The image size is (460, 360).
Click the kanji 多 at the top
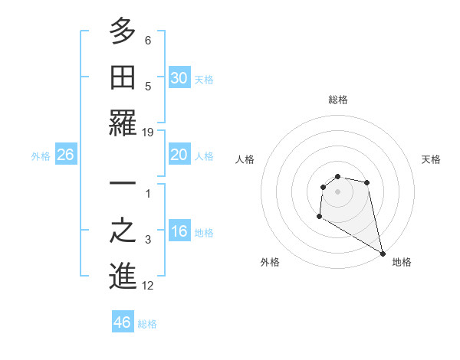click(x=123, y=32)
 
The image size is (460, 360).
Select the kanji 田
click(x=123, y=77)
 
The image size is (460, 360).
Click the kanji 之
click(x=123, y=233)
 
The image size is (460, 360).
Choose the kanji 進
click(x=123, y=277)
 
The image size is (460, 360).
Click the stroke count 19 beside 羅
click(x=148, y=132)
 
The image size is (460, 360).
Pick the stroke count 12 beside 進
click(x=148, y=286)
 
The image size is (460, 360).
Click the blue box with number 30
click(x=179, y=78)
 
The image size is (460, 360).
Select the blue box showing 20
click(x=179, y=155)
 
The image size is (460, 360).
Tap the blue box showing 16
click(x=179, y=231)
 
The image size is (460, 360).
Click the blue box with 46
click(x=123, y=322)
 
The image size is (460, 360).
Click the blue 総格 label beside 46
click(x=147, y=324)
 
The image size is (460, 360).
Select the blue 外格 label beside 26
click(x=41, y=156)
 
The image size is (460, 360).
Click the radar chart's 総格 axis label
click(x=338, y=100)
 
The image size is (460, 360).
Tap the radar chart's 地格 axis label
click(x=402, y=262)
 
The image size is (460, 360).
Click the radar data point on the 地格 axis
click(x=383, y=254)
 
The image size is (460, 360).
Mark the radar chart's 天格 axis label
click(x=431, y=159)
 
